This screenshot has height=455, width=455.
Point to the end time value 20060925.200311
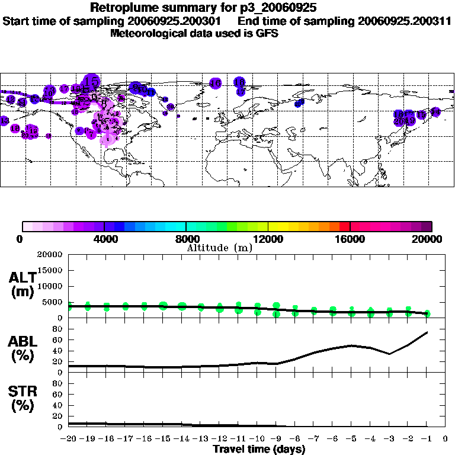coord(405,21)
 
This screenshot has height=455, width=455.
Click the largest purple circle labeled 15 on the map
coord(91,81)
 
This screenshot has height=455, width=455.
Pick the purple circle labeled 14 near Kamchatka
coord(435,111)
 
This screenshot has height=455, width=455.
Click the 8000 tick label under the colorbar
coord(186,239)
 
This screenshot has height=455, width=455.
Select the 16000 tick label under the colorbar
coord(350,239)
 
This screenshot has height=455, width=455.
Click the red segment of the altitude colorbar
coord(344,226)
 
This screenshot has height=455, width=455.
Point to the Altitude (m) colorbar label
coord(219,248)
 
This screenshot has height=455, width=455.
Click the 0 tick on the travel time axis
coord(446,438)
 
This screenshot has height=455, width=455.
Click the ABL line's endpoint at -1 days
coord(427,332)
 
